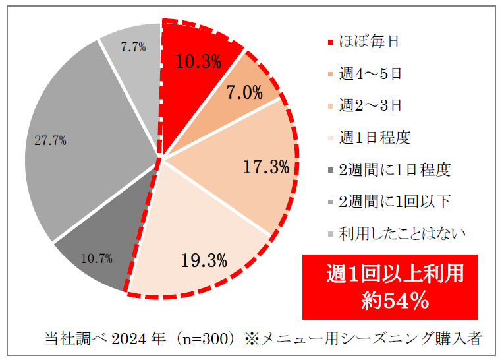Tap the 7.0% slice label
[244, 92]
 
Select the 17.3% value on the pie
[266, 167]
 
